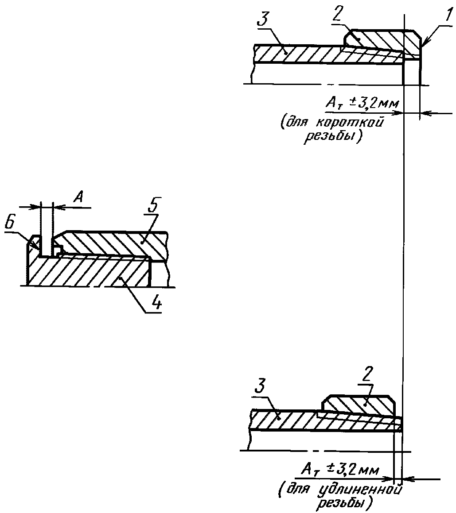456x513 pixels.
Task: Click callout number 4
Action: coord(156,303)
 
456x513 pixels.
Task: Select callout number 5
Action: coord(152,205)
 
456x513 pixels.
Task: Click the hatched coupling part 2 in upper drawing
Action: coord(383,41)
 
